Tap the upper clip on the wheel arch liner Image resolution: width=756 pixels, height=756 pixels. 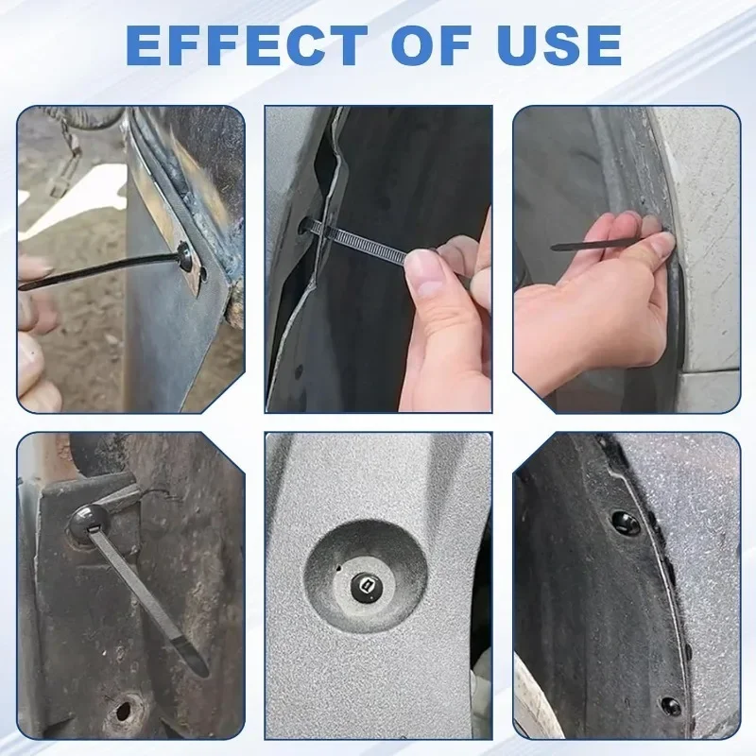tap(625, 519)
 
